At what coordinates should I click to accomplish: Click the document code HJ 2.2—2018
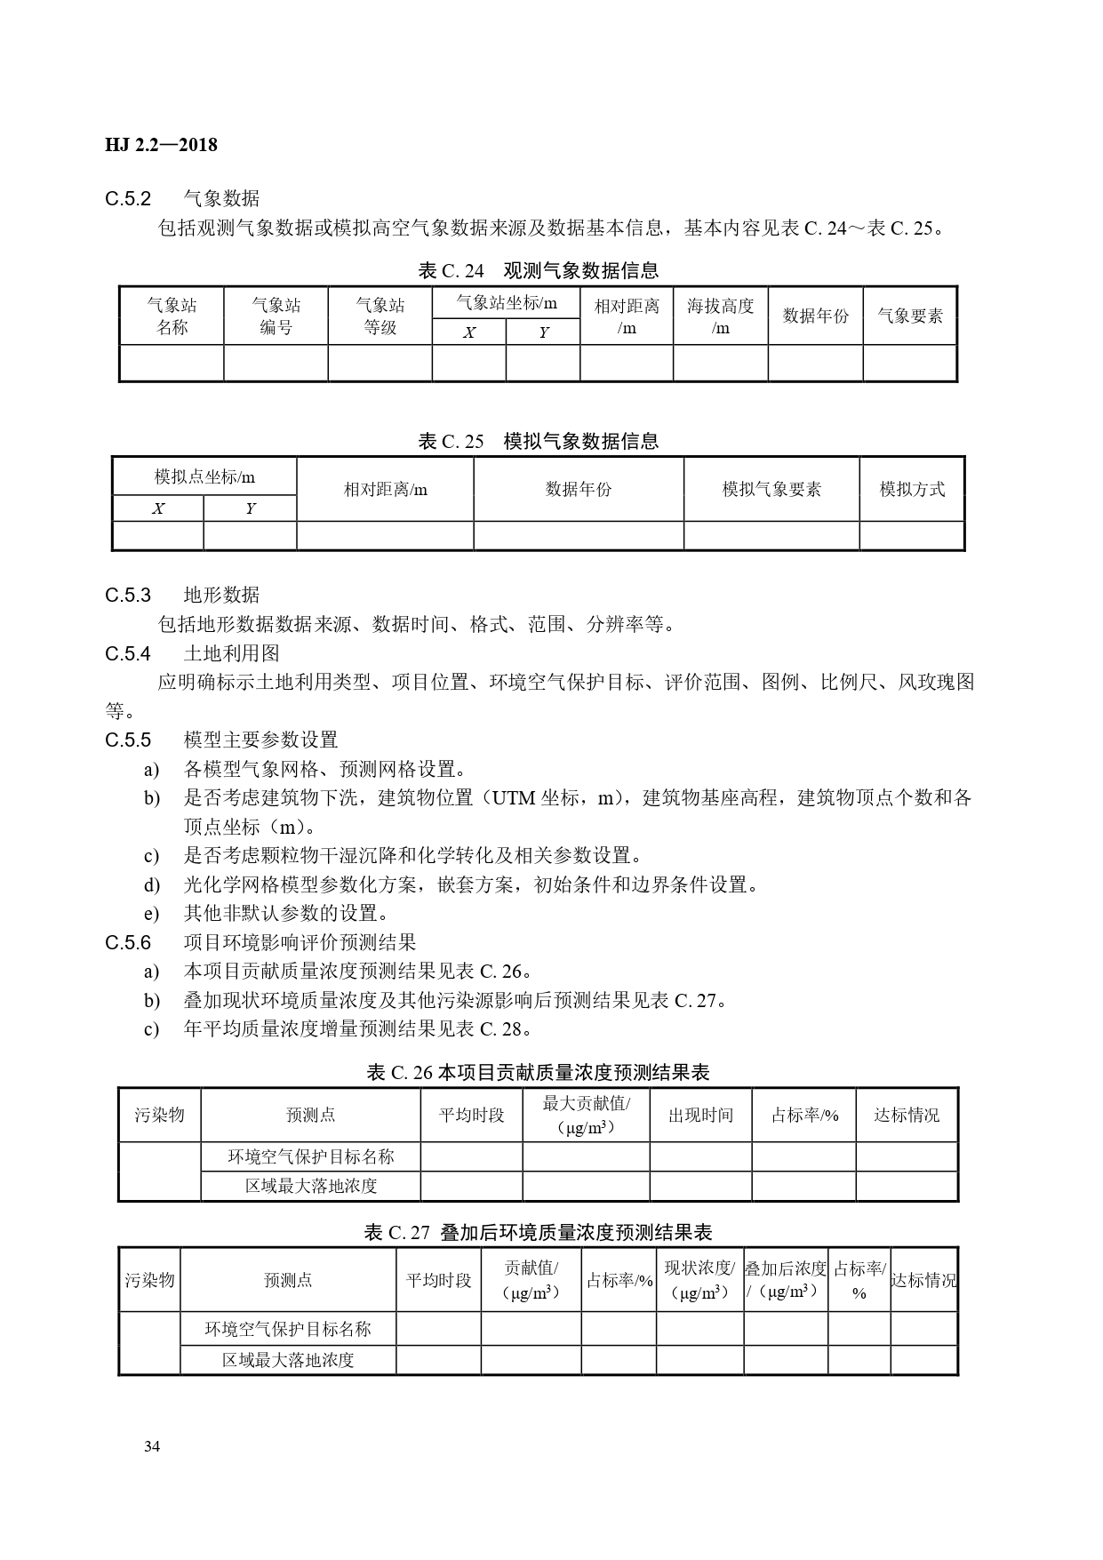pos(161,145)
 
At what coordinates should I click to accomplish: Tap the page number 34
pos(152,1446)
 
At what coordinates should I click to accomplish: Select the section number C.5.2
pos(128,198)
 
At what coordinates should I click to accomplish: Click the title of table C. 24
pos(539,270)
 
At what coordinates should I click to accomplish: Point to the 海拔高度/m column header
pos(720,316)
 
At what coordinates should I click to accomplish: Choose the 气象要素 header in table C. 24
pos(910,316)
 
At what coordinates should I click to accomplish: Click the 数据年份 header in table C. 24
pos(815,316)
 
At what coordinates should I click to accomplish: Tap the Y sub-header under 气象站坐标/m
pos(543,332)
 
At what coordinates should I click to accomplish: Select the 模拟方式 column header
pos(912,489)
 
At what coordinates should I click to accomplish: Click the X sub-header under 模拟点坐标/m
pos(158,509)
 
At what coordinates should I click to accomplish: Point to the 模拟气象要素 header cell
pos(771,489)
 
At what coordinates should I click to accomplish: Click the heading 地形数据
pos(221,595)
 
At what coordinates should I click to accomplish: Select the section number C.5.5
pos(128,740)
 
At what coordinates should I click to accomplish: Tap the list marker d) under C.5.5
pos(152,884)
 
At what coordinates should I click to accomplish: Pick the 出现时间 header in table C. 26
pos(700,1115)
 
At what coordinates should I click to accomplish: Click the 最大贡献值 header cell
pos(586,1115)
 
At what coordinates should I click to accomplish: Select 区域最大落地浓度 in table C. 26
pos(311,1186)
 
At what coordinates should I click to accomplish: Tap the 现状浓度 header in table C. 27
pos(699,1280)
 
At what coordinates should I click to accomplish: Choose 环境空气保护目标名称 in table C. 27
pos(288,1329)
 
